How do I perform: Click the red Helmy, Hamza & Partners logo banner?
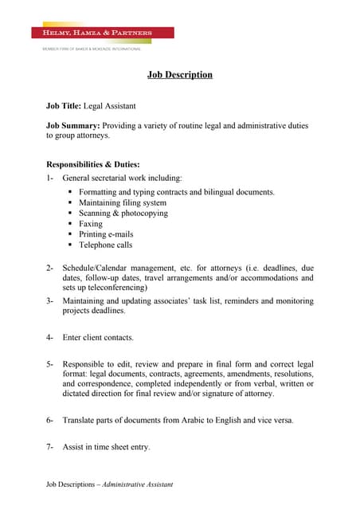pyautogui.click(x=102, y=33)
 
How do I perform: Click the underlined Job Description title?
pyautogui.click(x=180, y=75)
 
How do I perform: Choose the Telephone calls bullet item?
pyautogui.click(x=105, y=245)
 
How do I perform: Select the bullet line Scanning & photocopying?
pyautogui.click(x=123, y=214)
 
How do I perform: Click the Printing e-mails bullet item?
pyautogui.click(x=106, y=235)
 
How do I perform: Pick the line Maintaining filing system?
pyautogui.click(x=123, y=203)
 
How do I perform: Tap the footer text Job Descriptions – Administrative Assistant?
pyautogui.click(x=109, y=484)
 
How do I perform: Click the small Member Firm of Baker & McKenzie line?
pyautogui.click(x=92, y=49)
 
